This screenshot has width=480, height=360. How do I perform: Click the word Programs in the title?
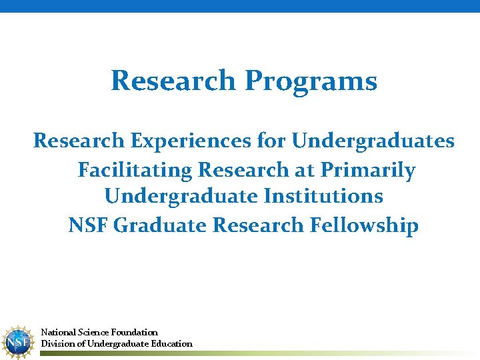click(311, 81)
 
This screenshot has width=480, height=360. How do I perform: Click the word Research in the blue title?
click(173, 81)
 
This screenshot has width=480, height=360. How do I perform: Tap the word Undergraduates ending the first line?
click(373, 141)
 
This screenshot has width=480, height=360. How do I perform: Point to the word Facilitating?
click(135, 170)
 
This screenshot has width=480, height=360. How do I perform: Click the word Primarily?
click(367, 170)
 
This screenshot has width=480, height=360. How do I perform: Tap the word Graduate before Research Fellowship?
click(161, 225)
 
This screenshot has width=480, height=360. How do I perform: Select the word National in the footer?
click(58, 332)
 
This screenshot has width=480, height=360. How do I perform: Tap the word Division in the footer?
click(57, 343)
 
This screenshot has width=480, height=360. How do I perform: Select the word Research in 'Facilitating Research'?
click(243, 170)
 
